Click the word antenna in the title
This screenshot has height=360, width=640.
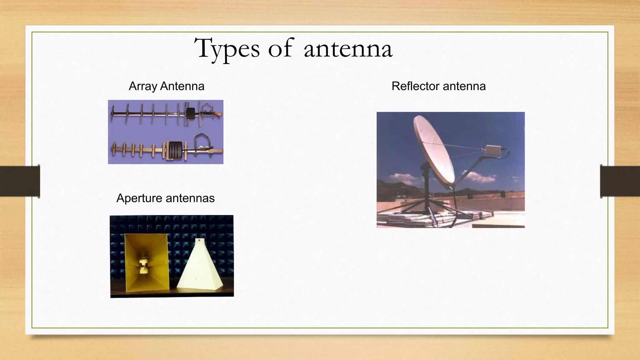click(348, 49)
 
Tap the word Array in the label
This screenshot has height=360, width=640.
click(142, 86)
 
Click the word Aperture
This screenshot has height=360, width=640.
click(139, 198)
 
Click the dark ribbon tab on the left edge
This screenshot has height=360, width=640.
click(20, 181)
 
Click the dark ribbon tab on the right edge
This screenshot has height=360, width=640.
click(620, 181)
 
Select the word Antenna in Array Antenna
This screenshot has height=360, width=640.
click(182, 86)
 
